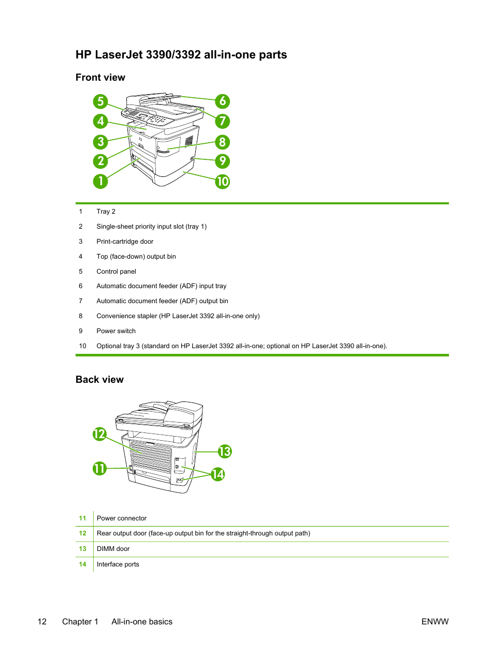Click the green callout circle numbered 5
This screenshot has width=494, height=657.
100,101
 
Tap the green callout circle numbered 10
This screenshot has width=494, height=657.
223,182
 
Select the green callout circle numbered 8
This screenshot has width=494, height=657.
223,142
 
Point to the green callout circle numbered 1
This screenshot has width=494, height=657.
100,181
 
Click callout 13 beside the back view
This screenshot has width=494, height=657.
225,452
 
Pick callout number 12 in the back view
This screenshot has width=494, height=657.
99,434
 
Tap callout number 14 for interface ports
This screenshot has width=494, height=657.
218,474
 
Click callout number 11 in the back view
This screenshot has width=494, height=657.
99,469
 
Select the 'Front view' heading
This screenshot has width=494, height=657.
100,78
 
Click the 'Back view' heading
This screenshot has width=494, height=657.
99,380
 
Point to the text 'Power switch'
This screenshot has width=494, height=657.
116,331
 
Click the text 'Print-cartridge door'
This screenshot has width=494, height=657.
125,242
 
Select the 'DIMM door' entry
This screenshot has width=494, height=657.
113,549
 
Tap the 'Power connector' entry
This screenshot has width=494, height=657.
122,518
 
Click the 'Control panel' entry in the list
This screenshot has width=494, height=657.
116,272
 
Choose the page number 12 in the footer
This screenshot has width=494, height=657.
42,622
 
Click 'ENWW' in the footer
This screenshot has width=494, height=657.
435,622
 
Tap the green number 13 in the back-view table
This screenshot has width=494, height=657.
82,549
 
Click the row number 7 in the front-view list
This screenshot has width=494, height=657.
81,301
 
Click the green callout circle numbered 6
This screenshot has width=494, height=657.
223,101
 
